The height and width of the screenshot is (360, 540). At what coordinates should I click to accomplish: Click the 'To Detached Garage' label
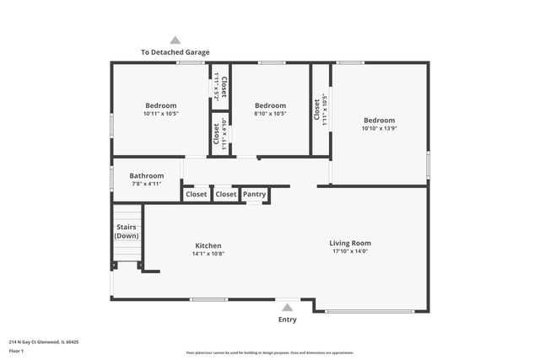pos(175,52)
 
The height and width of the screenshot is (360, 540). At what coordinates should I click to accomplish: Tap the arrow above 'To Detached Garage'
pos(175,40)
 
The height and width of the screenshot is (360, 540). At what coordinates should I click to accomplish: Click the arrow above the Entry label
pos(288,308)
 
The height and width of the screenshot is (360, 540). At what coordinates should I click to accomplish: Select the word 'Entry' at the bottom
pos(288,320)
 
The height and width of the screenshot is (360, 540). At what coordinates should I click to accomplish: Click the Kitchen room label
pos(208,245)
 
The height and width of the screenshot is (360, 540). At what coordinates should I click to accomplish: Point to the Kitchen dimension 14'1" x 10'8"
pos(208,253)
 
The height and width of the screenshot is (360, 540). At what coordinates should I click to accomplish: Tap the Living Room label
pos(350,243)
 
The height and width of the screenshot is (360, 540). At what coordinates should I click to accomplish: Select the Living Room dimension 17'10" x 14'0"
pos(350,250)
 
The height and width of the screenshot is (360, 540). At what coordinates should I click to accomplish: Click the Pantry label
pos(255,194)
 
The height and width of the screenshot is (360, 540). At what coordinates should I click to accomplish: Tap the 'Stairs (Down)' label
pos(127,231)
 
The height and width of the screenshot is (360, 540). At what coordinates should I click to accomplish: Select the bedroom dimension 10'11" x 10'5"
pos(160,113)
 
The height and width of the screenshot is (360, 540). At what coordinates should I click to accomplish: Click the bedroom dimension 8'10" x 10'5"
pos(270,113)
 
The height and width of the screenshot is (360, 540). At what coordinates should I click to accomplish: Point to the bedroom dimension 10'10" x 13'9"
pos(379,128)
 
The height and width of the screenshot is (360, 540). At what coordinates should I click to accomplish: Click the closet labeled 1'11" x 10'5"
pos(321,109)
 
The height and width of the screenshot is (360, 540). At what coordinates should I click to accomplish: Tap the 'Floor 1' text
pos(16,351)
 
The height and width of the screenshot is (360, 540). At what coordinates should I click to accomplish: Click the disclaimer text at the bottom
pos(270,352)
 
